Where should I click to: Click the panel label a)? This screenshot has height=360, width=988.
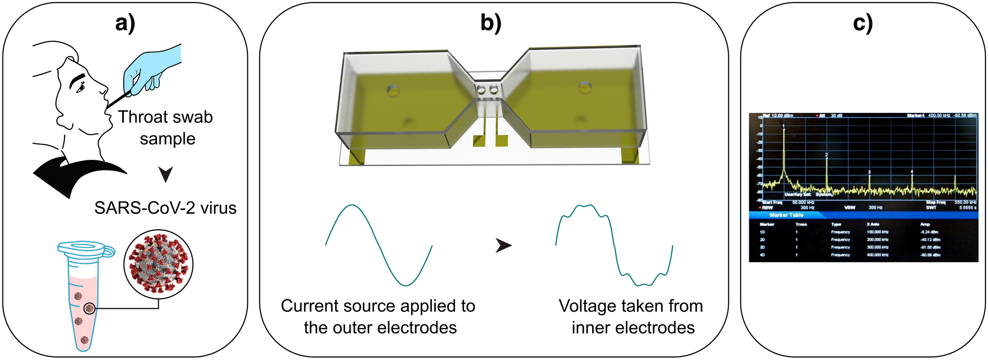(x=125, y=23)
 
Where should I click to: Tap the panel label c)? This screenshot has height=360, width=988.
(x=863, y=23)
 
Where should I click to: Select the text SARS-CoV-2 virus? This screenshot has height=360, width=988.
(x=165, y=208)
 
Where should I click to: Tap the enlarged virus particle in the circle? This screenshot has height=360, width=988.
(x=158, y=264)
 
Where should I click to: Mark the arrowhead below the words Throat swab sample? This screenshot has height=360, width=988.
(x=166, y=174)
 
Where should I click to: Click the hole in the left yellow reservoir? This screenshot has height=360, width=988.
(x=393, y=90)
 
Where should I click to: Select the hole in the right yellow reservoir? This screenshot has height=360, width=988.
(x=585, y=87)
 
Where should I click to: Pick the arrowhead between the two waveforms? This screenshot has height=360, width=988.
(x=503, y=245)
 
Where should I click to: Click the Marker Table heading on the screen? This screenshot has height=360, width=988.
(x=786, y=215)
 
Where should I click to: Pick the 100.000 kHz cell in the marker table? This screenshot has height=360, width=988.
(x=878, y=232)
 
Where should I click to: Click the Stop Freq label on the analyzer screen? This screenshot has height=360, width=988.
(x=935, y=202)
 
